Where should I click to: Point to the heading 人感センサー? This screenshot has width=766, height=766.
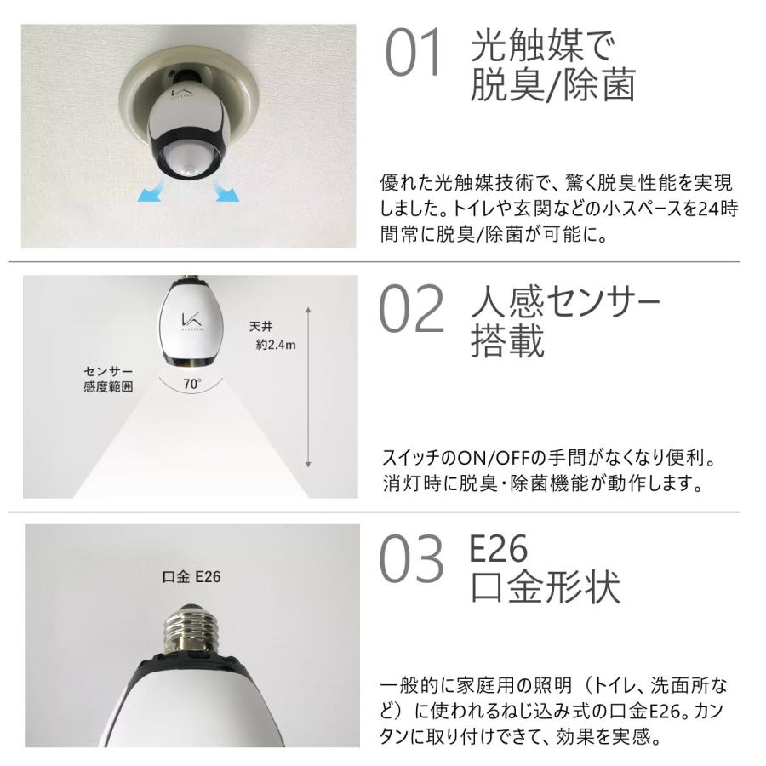[x=565, y=301]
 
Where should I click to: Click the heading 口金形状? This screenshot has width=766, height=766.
[x=545, y=587]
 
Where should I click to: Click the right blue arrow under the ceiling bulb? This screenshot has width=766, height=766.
[x=226, y=195]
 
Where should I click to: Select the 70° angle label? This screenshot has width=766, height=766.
[x=192, y=384]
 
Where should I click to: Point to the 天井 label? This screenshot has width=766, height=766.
[x=261, y=327]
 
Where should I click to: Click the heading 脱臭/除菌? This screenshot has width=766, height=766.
[x=553, y=86]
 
